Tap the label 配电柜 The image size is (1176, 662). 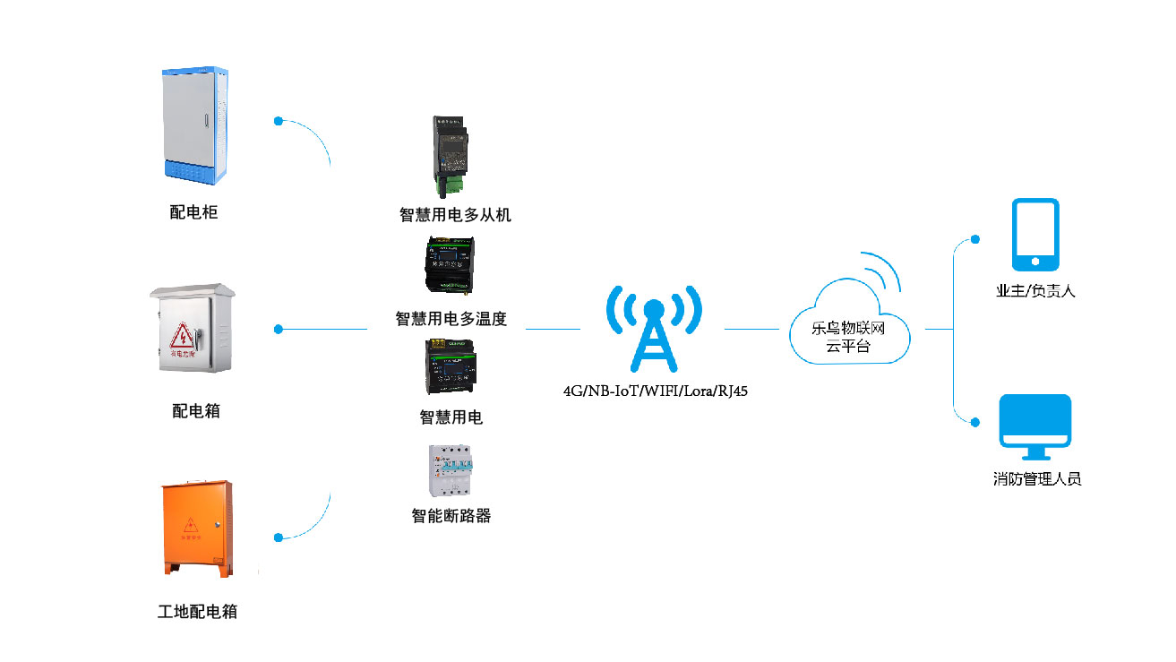pyautogui.click(x=193, y=212)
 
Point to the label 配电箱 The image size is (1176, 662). pyautogui.click(x=195, y=411)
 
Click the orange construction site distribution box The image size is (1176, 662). pyautogui.click(x=197, y=529)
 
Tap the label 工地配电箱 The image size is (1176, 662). pyautogui.click(x=197, y=612)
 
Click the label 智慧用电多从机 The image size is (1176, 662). pyautogui.click(x=455, y=215)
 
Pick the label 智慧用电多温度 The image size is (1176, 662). pyautogui.click(x=451, y=319)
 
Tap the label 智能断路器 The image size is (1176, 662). pyautogui.click(x=451, y=516)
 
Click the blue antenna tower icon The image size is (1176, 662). pyautogui.click(x=653, y=328)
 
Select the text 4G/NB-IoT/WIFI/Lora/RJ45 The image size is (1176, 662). pyautogui.click(x=655, y=391)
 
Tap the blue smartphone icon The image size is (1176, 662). pyautogui.click(x=1035, y=235)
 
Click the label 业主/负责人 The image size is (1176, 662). pyautogui.click(x=1035, y=291)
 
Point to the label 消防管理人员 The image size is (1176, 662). pyautogui.click(x=1037, y=479)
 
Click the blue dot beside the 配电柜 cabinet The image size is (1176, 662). pyautogui.click(x=279, y=120)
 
